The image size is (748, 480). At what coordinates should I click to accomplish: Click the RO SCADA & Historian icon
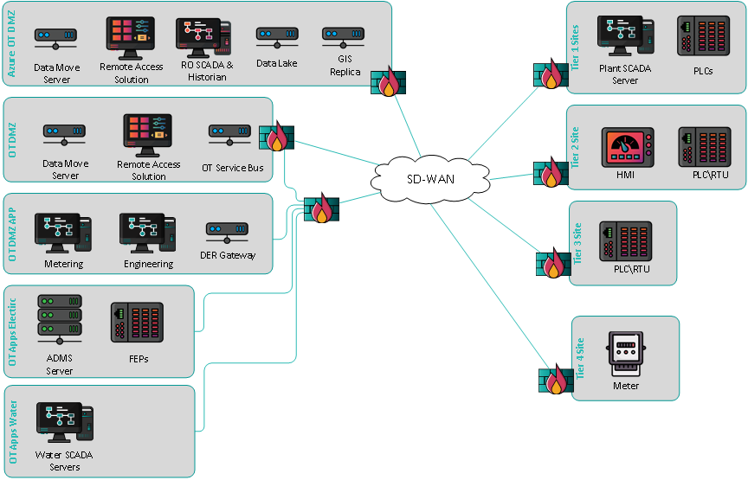click(x=203, y=36)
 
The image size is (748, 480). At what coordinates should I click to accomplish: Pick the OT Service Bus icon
click(x=231, y=134)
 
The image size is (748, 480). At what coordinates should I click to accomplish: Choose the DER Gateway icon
click(x=229, y=231)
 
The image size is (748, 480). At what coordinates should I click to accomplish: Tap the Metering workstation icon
click(x=63, y=232)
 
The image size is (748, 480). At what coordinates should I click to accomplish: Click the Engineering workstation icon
click(x=148, y=232)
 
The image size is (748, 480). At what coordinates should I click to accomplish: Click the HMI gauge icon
click(x=625, y=147)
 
